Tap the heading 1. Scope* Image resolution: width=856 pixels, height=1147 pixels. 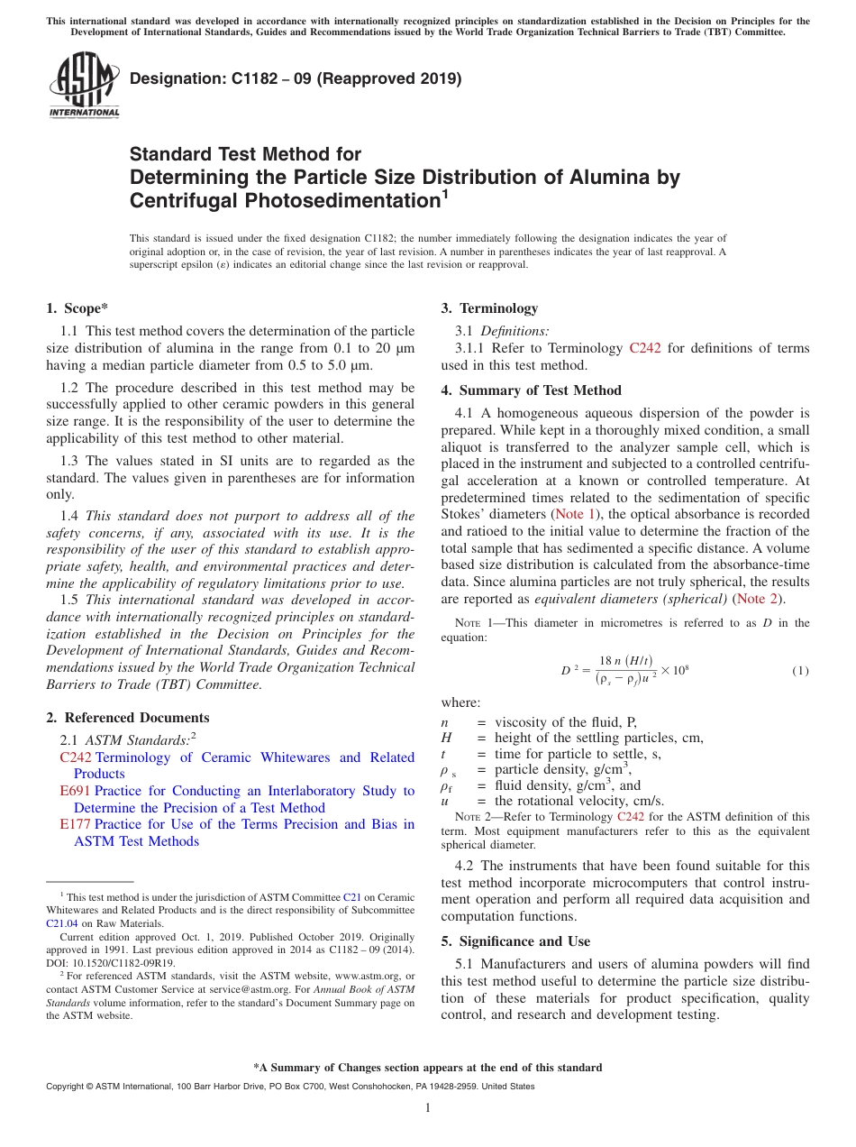77,308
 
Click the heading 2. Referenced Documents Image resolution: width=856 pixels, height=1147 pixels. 128,718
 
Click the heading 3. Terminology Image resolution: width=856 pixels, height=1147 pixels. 489,308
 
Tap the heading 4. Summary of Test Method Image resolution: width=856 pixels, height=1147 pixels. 531,390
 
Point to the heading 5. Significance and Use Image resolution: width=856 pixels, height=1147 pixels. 515,941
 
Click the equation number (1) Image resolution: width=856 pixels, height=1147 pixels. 800,670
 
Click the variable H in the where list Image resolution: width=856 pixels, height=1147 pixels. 446,738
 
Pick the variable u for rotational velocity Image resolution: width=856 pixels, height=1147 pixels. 445,801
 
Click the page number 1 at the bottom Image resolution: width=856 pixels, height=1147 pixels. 428,1108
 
